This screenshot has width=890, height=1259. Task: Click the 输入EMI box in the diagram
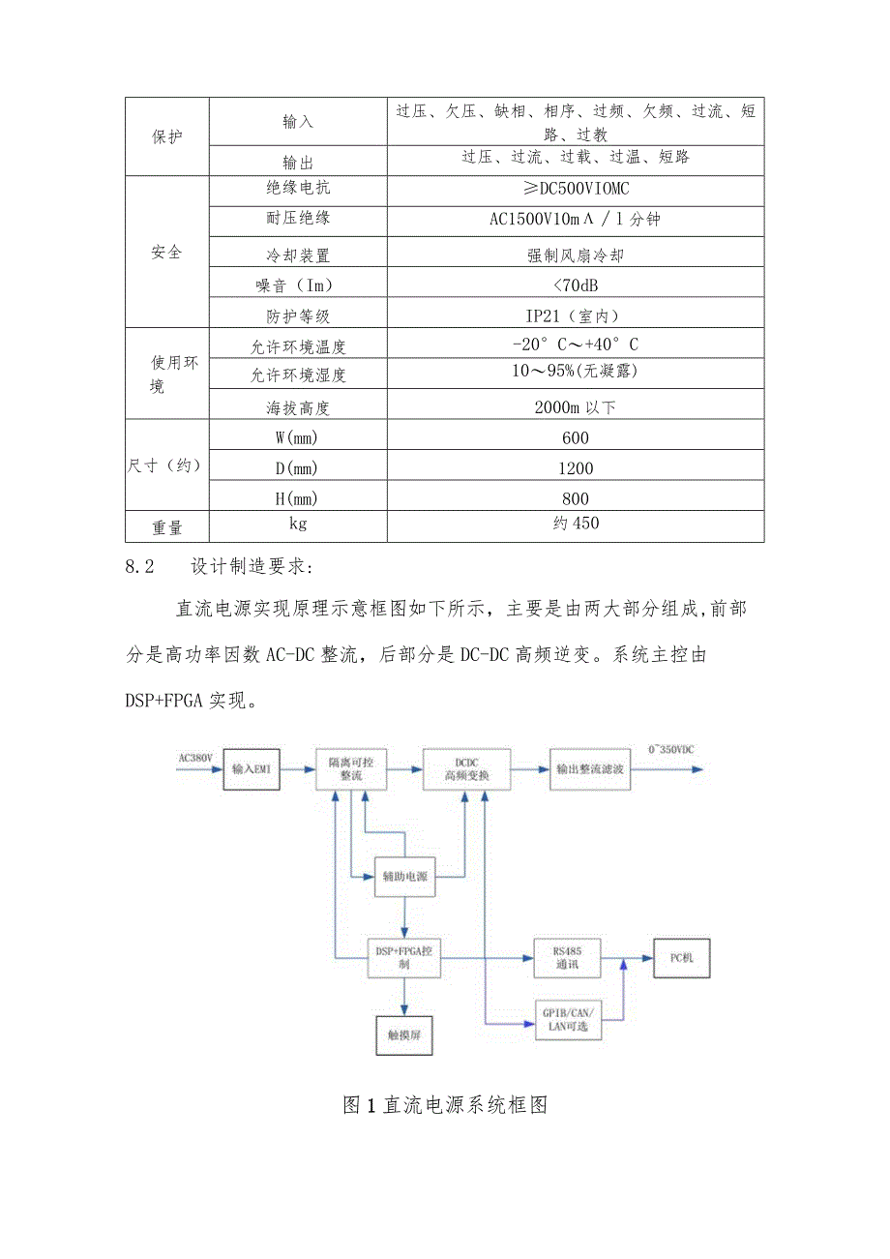click(255, 769)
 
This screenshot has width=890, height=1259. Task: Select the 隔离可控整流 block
click(350, 769)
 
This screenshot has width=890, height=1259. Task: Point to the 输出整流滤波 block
click(589, 769)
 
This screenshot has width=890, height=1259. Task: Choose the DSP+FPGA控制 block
click(404, 958)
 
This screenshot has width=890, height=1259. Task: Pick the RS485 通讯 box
click(567, 958)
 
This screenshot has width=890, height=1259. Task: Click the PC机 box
click(681, 958)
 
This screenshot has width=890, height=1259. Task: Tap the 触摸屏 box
click(404, 1034)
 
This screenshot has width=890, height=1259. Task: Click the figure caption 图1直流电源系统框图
click(445, 1105)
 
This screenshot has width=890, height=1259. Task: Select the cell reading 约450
click(575, 525)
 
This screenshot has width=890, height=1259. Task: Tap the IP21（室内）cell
click(575, 315)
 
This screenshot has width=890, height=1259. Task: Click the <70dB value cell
click(575, 285)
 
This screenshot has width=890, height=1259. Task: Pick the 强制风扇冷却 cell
click(575, 255)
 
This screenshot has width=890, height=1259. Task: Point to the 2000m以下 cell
click(575, 407)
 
